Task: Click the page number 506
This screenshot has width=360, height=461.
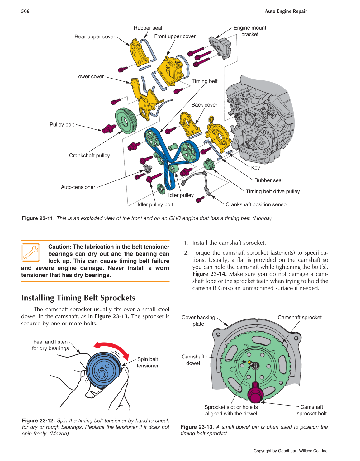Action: click(25, 11)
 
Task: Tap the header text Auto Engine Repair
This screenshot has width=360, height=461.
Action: click(286, 11)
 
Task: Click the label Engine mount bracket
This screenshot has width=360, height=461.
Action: click(250, 31)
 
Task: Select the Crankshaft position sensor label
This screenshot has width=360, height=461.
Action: click(257, 204)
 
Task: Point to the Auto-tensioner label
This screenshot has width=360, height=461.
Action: click(78, 187)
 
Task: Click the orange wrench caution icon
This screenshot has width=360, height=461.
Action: click(31, 252)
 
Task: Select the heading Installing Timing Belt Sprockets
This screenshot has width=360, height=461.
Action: click(78, 298)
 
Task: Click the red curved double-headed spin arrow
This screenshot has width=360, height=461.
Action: click(112, 348)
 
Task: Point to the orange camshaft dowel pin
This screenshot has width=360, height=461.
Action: click(249, 362)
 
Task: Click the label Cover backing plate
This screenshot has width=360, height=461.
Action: click(198, 320)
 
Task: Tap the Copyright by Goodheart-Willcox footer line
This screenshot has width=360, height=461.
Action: click(291, 451)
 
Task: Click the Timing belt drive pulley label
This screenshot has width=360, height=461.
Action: click(272, 191)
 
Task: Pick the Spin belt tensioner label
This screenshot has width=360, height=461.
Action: click(148, 363)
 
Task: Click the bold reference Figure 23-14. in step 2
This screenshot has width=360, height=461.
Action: click(209, 274)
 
